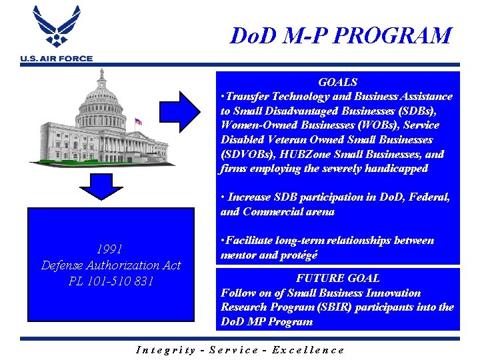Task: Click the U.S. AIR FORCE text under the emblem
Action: (x=57, y=59)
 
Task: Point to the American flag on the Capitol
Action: (x=139, y=122)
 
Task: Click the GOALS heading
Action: (x=337, y=82)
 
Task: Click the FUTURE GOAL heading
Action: (x=337, y=278)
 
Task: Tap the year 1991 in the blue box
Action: (x=110, y=249)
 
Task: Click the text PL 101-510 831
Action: (x=111, y=281)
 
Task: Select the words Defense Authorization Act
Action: (x=111, y=265)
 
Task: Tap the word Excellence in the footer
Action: (x=309, y=349)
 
